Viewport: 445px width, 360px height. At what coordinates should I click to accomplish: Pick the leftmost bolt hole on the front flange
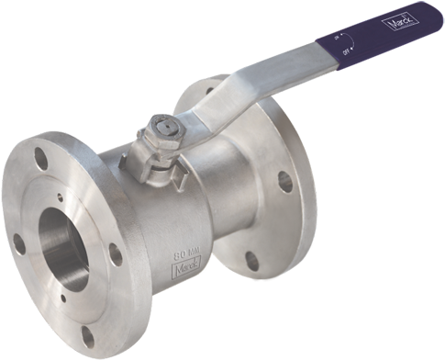[18, 243]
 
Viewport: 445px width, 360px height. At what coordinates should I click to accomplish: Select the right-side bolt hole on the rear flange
[285, 182]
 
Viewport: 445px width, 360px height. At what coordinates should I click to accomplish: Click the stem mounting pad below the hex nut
[157, 157]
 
